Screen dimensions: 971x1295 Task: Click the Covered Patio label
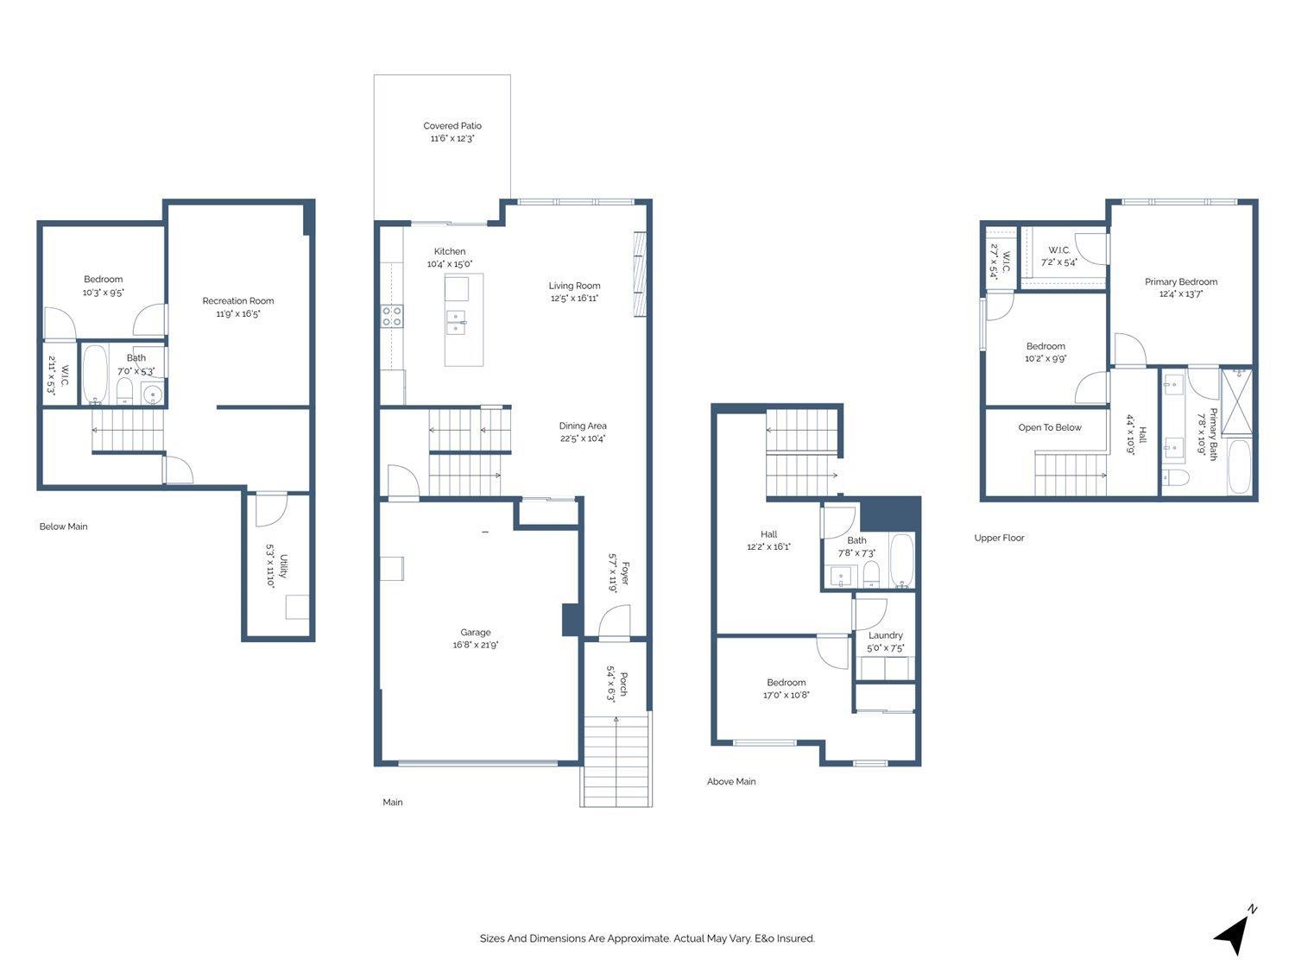click(452, 126)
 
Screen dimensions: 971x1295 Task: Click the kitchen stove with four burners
click(392, 317)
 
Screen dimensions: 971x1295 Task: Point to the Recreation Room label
click(238, 301)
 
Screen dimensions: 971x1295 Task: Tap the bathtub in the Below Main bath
click(95, 375)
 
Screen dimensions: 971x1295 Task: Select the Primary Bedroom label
click(1181, 281)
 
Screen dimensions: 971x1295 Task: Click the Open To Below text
click(1050, 427)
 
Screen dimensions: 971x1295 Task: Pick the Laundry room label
click(886, 635)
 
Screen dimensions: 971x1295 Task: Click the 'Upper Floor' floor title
click(999, 538)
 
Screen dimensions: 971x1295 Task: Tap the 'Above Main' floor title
click(731, 782)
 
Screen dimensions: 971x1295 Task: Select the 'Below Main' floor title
click(64, 526)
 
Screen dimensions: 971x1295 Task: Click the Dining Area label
click(583, 426)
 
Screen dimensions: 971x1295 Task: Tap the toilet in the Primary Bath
click(1176, 477)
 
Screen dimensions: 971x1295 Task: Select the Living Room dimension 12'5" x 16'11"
click(575, 299)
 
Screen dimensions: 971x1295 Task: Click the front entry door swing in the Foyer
click(614, 621)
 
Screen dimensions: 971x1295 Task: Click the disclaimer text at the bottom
click(647, 938)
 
